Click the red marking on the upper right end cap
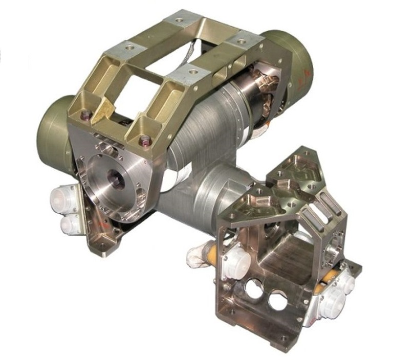click(306, 77)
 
